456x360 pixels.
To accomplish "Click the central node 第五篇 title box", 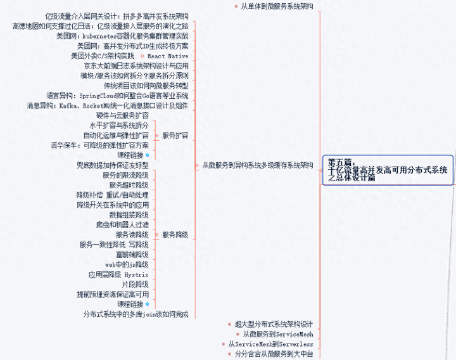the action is click(x=388, y=170).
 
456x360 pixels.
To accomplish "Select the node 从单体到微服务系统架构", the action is click(x=277, y=6).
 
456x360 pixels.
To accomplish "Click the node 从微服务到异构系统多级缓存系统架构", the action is click(x=257, y=165).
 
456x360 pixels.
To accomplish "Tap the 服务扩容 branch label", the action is click(x=175, y=136).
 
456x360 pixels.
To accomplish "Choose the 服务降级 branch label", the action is click(x=175, y=235).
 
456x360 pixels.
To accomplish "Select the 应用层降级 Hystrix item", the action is click(x=118, y=274).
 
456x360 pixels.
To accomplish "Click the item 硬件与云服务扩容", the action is click(x=122, y=115).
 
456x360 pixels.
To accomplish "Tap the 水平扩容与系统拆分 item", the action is click(x=119, y=125).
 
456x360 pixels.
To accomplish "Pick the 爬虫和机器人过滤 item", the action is click(x=122, y=224).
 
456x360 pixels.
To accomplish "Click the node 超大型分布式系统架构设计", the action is click(x=274, y=324).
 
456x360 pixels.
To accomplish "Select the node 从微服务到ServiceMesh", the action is click(x=278, y=334).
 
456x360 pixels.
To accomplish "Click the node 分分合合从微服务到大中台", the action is click(x=274, y=354).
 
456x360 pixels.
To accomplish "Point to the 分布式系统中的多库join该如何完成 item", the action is click(x=136, y=314).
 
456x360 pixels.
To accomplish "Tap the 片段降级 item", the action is click(x=135, y=285).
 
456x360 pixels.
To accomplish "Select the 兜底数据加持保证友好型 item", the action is click(x=112, y=165).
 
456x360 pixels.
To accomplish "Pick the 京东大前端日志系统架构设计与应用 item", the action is click(x=136, y=65).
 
